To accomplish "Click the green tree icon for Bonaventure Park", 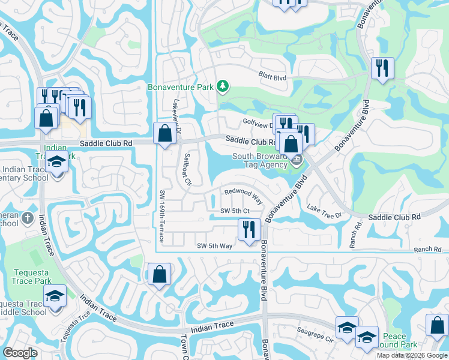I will [223, 87].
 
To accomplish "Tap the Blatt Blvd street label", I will [273, 77].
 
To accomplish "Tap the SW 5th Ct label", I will [234, 211].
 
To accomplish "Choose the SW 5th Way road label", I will [215, 246].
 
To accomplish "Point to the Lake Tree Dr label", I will [324, 211].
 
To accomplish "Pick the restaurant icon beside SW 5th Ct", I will [247, 229].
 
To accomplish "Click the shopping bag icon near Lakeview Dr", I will [164, 133].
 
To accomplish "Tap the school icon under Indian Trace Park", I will [56, 163].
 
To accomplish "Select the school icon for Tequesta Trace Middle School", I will [55, 296].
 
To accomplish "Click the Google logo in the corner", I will [20, 352].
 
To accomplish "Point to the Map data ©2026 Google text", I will [412, 355].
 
